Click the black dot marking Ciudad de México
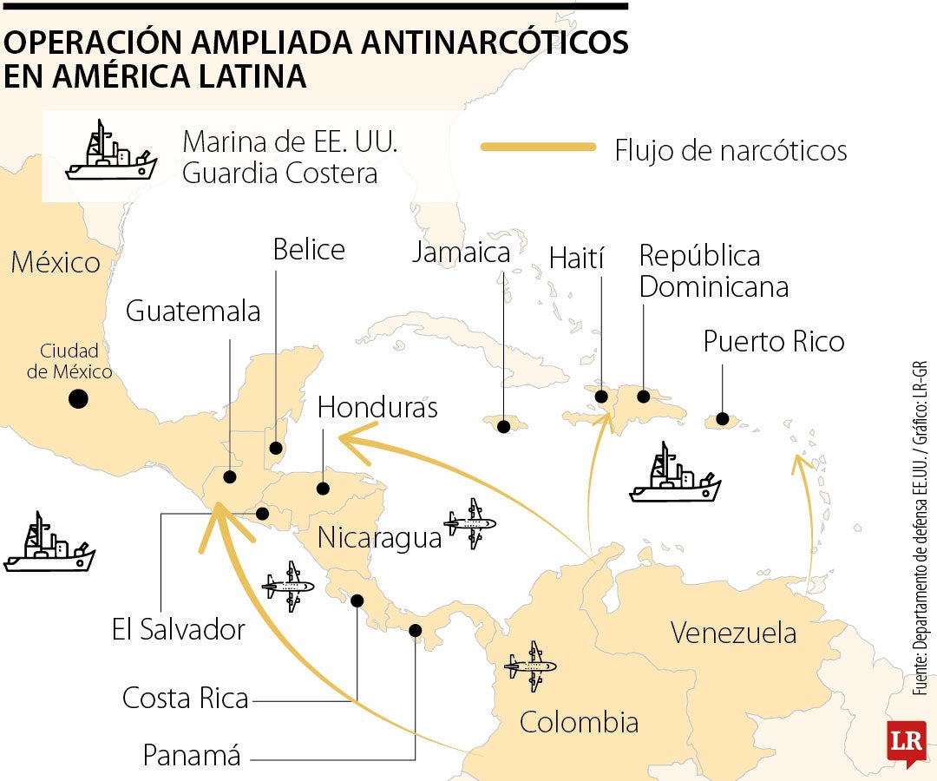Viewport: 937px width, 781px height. coord(79,399)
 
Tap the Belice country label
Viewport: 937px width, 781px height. coord(309,250)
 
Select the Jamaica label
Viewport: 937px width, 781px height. coord(461,253)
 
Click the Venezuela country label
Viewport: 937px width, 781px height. coord(733,633)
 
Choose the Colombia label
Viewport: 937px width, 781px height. coord(579,722)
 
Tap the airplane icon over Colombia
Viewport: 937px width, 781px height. coord(530,667)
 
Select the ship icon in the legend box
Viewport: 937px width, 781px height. coord(110,154)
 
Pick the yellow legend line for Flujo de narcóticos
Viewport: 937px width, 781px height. coord(538,148)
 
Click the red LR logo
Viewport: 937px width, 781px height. coord(906,742)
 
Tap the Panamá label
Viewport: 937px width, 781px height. coord(192,756)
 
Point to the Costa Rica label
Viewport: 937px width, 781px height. coord(186,698)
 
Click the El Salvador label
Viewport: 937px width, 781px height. coord(179,629)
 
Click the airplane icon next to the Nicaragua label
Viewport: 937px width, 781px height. coord(470,523)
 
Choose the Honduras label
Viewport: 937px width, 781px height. coord(377,408)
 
